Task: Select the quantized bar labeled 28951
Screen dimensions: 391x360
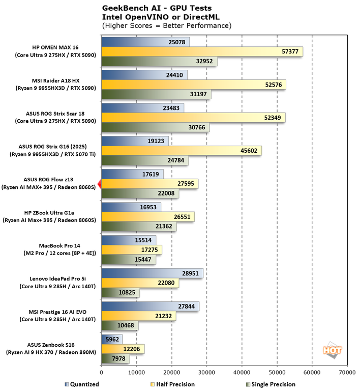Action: click(153, 273)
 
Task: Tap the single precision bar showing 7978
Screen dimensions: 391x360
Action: click(116, 359)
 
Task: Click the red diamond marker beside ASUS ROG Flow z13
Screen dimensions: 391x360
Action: click(100, 184)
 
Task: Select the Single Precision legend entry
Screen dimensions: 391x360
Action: click(270, 384)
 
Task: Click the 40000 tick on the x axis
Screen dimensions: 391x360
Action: click(242, 372)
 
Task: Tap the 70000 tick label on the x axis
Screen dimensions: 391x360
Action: click(347, 372)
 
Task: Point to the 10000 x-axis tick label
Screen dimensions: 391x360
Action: click(137, 372)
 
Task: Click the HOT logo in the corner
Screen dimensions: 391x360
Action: click(332, 351)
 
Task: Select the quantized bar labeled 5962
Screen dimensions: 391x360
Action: click(112, 339)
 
